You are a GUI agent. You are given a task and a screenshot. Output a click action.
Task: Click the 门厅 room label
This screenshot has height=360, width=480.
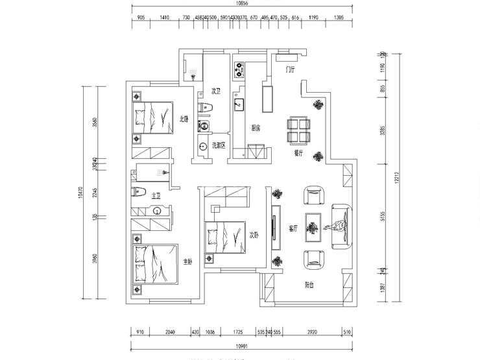point(291,69)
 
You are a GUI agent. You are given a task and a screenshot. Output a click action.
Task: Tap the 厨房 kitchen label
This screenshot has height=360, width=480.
point(256,128)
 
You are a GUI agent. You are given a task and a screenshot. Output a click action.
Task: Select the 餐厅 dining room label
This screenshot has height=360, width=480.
point(298,154)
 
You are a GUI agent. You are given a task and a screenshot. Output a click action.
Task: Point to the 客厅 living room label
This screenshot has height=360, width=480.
point(293,228)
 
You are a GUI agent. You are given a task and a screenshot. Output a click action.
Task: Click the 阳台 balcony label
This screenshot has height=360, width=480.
point(309,285)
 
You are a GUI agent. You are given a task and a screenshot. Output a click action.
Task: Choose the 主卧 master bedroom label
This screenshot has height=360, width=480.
point(187,261)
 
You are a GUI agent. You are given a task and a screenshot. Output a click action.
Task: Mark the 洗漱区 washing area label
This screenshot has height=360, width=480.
point(219,145)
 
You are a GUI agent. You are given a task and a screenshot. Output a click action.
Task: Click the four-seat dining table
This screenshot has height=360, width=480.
point(299,130)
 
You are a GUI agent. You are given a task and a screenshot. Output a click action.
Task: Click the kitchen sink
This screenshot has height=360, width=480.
point(239,102)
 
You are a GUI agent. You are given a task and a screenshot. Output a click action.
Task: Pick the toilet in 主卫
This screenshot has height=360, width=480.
point(137,192)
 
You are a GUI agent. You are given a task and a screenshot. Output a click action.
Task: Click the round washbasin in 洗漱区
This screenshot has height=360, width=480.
point(203,147)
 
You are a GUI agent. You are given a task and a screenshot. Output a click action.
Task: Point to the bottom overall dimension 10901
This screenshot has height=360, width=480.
point(242,346)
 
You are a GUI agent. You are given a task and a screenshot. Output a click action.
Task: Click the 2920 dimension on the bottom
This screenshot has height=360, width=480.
point(312,332)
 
